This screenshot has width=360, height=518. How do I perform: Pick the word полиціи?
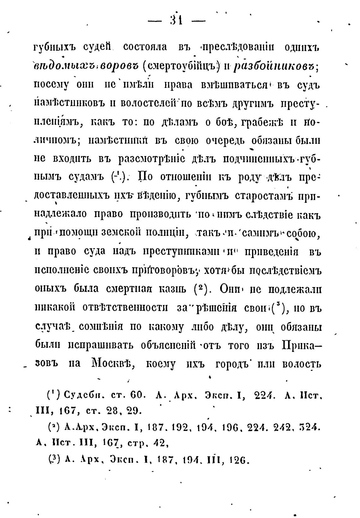171,234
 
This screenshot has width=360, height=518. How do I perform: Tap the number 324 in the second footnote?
311,428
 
